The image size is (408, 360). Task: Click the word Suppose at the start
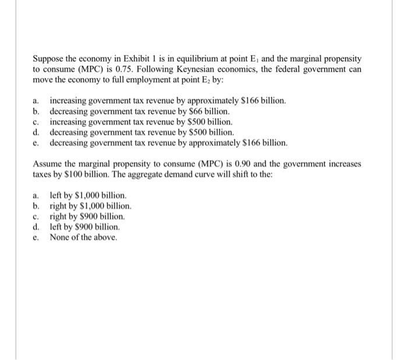click(x=48, y=59)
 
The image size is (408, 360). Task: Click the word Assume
click(x=47, y=164)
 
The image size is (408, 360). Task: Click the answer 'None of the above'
click(x=83, y=238)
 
